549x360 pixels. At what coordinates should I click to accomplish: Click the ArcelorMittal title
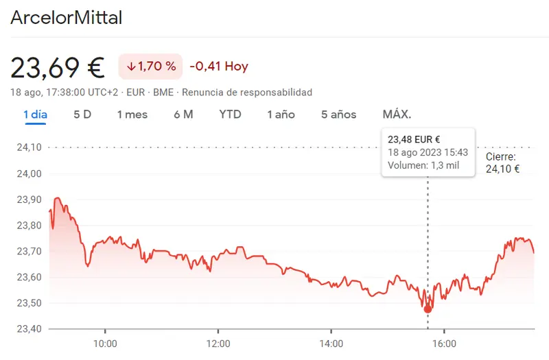click(66, 18)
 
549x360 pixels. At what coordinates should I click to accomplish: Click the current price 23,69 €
click(58, 67)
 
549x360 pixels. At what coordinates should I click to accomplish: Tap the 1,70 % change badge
click(151, 67)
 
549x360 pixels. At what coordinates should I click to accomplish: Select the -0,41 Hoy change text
click(219, 67)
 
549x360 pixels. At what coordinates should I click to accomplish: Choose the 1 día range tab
click(35, 115)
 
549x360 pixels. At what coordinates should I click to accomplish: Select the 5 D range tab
click(82, 115)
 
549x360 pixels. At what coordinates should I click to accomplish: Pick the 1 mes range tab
click(132, 115)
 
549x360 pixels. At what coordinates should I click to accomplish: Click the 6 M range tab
click(183, 115)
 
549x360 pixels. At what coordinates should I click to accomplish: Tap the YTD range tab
click(230, 115)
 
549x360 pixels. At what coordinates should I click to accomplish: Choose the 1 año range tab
click(281, 115)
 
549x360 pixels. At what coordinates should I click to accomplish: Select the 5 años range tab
click(338, 115)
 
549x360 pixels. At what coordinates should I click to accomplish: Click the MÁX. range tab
click(397, 115)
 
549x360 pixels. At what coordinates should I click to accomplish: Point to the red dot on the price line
click(428, 309)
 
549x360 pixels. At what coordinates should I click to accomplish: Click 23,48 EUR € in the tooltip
click(414, 140)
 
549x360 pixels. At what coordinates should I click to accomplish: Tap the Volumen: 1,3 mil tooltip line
click(423, 165)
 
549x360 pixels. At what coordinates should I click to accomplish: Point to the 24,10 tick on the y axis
click(28, 147)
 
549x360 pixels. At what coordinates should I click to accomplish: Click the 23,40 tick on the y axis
click(28, 328)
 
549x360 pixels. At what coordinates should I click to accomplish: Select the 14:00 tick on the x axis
click(331, 344)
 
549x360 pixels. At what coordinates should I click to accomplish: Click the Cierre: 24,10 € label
click(502, 163)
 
